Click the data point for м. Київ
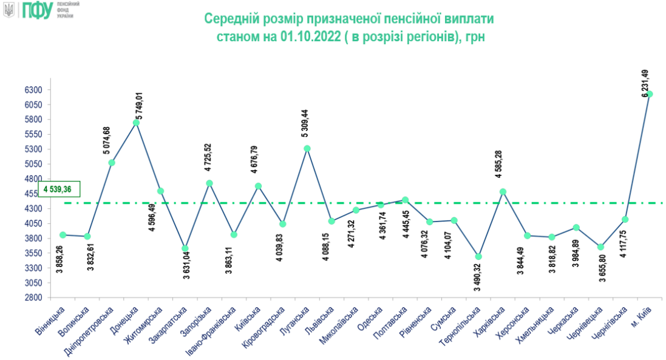(650, 94)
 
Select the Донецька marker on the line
(136, 123)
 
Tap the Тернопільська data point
(478, 257)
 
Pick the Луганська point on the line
(307, 149)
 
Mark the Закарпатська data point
(185, 248)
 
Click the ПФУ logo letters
(38, 10)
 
